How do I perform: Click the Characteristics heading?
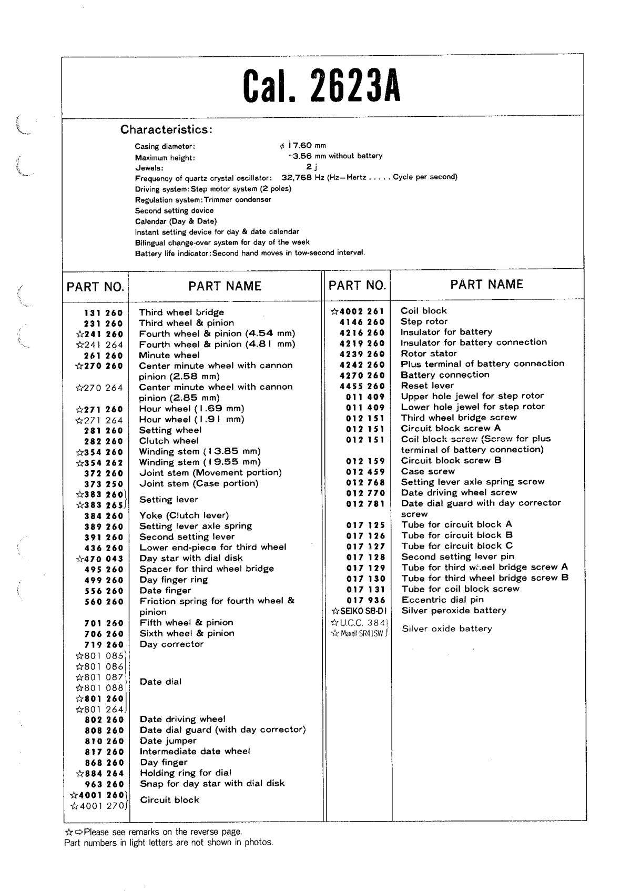point(166,129)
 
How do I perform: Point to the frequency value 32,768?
point(297,177)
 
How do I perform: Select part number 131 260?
point(103,313)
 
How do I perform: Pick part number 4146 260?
point(362,322)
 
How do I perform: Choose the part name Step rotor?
point(424,321)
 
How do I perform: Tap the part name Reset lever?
point(427,386)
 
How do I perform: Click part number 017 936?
point(365,600)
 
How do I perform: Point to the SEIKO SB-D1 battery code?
point(360,611)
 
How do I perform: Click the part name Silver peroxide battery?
point(454,611)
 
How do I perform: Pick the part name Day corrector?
point(171,644)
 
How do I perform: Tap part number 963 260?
point(104,784)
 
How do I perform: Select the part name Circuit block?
point(169,800)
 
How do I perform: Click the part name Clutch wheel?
point(169,441)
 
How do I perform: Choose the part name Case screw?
point(428,471)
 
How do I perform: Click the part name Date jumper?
point(168,741)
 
